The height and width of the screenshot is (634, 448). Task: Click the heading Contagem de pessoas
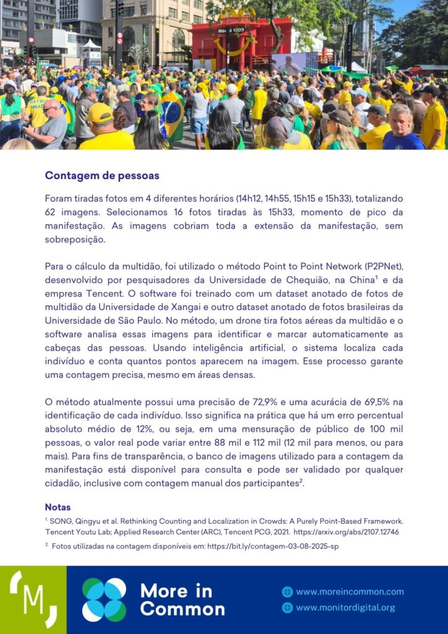102,176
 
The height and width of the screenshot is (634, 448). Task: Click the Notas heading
58,507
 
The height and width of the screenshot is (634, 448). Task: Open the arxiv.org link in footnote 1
346,531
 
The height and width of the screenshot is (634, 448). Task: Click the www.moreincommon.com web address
350,592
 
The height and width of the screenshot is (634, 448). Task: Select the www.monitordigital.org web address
345,607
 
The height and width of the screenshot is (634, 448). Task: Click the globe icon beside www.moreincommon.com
287,592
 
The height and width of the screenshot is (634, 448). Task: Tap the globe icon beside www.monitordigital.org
287,607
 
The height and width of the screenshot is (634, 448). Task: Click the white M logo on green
33,599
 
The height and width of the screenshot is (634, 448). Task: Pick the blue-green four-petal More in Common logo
104,599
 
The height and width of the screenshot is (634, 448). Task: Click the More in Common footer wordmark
182,599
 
